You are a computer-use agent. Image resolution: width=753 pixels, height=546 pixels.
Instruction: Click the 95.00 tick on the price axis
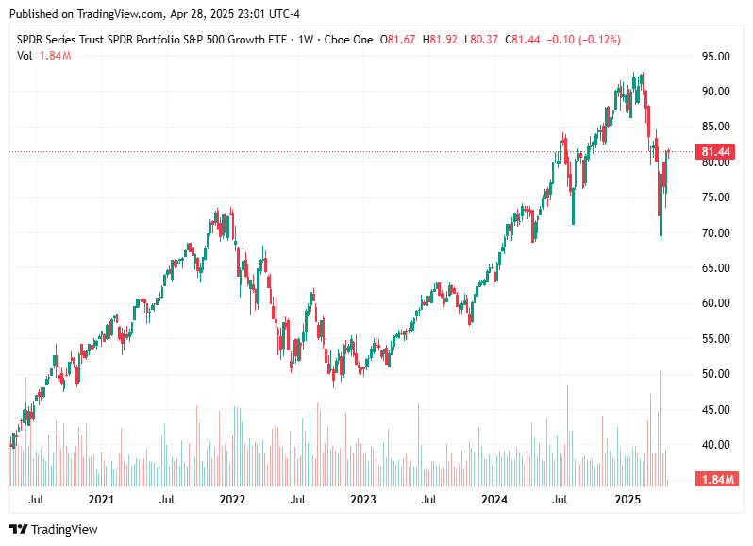pyautogui.click(x=716, y=56)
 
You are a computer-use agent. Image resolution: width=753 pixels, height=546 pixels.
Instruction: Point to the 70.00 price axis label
pyautogui.click(x=716, y=232)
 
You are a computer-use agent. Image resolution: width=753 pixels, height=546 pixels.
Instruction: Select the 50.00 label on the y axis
pyautogui.click(x=716, y=374)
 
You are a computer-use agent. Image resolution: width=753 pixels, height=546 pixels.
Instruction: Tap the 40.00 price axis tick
pyautogui.click(x=716, y=445)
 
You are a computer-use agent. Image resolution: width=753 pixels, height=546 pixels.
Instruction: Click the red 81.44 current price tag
pyautogui.click(x=716, y=152)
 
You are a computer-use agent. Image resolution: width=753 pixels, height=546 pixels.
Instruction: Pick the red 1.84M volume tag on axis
pyautogui.click(x=716, y=480)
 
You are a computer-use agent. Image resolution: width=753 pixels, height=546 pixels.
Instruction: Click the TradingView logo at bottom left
pyautogui.click(x=54, y=529)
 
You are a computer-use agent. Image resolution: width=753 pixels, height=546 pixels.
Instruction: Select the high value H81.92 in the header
pyautogui.click(x=444, y=40)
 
